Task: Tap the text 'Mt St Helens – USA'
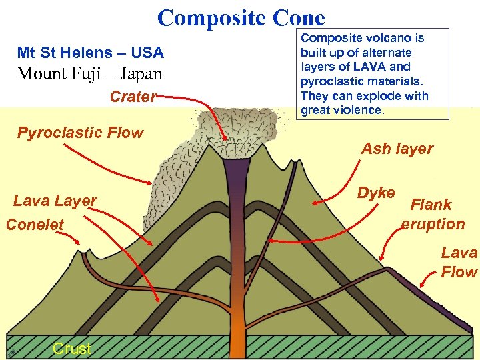coord(90,52)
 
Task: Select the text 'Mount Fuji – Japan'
coord(89,73)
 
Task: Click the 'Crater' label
coord(133,97)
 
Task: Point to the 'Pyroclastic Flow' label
coord(80,133)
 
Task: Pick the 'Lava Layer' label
coord(55,200)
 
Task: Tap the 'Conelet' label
coord(35,225)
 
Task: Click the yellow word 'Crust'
coord(71,349)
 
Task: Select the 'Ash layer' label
coord(397,149)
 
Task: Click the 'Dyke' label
coord(376,193)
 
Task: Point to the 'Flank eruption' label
coord(433,214)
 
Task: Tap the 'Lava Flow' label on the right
coord(459,262)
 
